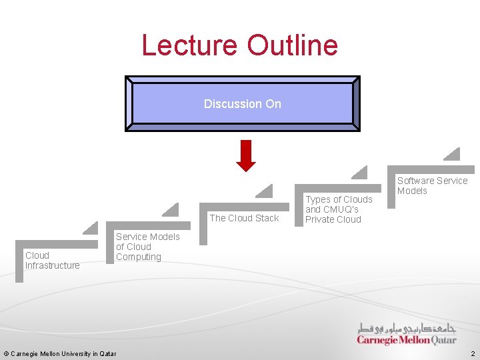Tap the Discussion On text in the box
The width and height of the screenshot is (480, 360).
[x=243, y=104]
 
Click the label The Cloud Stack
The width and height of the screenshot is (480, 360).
[x=244, y=218]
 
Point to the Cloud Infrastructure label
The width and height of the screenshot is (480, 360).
[x=52, y=260]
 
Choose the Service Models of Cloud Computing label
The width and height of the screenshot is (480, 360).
[x=147, y=247]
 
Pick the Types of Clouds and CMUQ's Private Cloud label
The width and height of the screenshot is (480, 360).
[x=339, y=209]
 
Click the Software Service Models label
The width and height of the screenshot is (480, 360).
[x=432, y=185]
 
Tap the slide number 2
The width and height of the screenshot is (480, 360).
[x=472, y=353]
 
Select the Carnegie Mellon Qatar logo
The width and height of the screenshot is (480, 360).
[x=407, y=334]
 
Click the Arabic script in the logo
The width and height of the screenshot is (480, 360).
[x=407, y=328]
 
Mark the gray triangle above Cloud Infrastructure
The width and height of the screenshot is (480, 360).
[x=91, y=228]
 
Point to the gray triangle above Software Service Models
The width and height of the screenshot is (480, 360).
[x=453, y=154]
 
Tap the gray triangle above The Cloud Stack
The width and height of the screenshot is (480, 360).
[x=265, y=191]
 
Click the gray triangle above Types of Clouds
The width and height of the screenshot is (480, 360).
[x=360, y=173]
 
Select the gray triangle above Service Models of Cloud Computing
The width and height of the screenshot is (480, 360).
[x=171, y=209]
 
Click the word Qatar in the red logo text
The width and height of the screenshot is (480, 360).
[x=444, y=340]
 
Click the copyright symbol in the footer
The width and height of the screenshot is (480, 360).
[x=6, y=353]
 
